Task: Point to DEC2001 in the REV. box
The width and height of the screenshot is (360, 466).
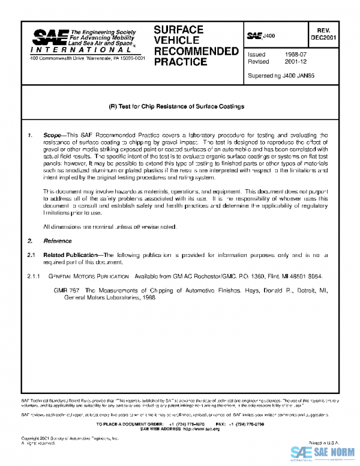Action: (323, 37)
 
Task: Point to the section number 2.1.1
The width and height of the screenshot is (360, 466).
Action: (30, 276)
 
